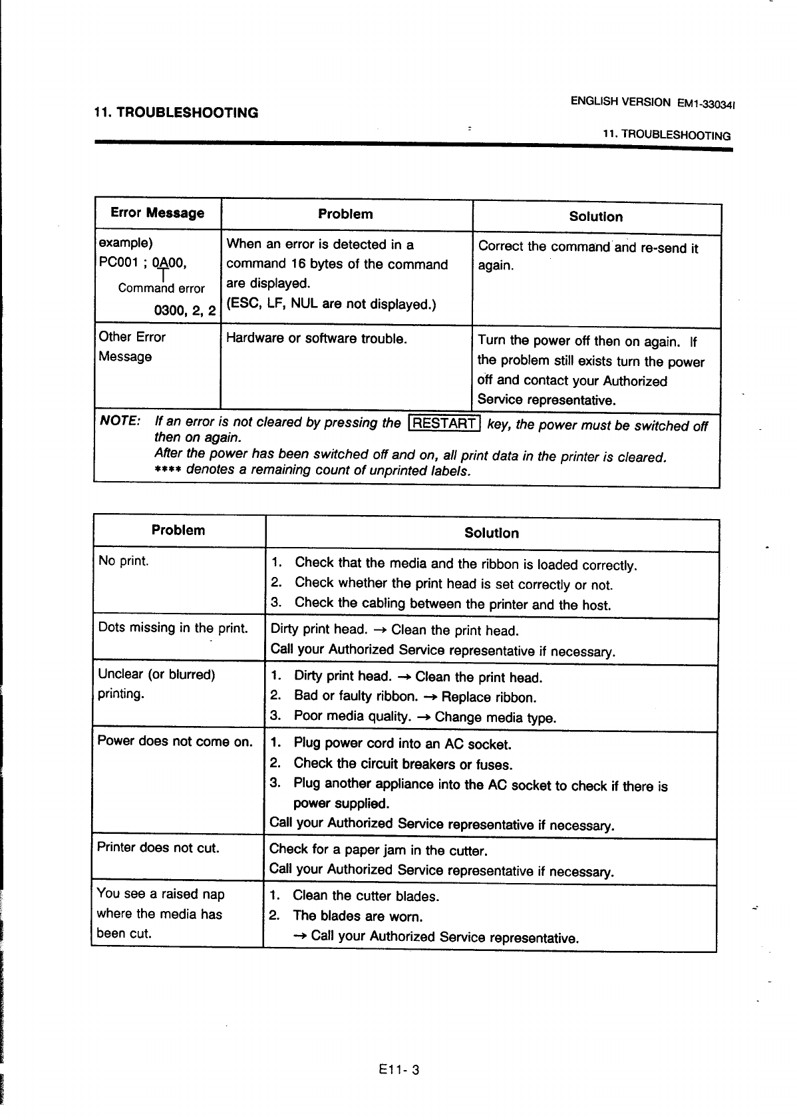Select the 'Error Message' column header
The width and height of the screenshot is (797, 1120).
(157, 213)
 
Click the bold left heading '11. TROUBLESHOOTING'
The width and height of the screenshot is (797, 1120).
(176, 112)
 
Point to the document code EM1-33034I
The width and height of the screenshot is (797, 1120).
(709, 104)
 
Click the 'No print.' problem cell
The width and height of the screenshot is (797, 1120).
(124, 561)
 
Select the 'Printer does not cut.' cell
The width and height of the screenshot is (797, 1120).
(158, 848)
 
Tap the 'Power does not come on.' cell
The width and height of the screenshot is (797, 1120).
(175, 741)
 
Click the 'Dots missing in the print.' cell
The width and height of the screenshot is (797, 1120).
(173, 628)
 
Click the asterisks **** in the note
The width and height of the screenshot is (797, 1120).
(168, 470)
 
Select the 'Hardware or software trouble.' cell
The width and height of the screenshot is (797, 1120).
(317, 339)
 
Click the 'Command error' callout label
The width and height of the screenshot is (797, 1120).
(162, 288)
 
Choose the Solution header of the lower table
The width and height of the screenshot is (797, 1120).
(491, 533)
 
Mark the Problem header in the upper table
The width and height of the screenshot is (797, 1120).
(345, 214)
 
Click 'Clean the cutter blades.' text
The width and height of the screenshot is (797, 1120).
(366, 896)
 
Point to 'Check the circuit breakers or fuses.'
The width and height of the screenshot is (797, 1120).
(403, 764)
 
